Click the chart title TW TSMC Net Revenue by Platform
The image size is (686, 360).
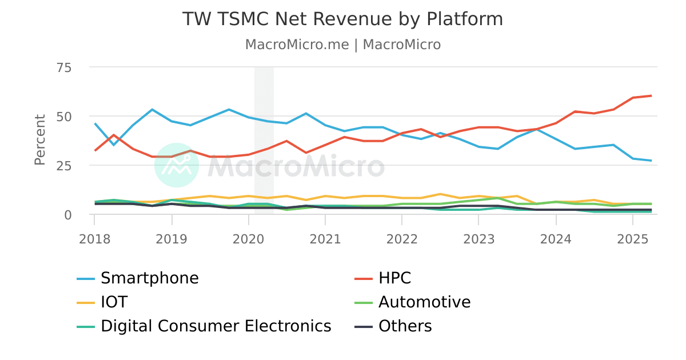click(342, 19)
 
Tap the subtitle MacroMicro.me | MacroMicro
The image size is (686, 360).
click(342, 45)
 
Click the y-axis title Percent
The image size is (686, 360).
click(39, 140)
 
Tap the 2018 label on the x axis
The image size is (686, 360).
click(94, 238)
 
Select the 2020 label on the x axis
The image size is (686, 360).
click(248, 238)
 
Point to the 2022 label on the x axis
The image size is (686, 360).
click(402, 238)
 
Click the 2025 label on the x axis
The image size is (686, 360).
click(633, 238)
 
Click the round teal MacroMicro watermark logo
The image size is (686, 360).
click(177, 165)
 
